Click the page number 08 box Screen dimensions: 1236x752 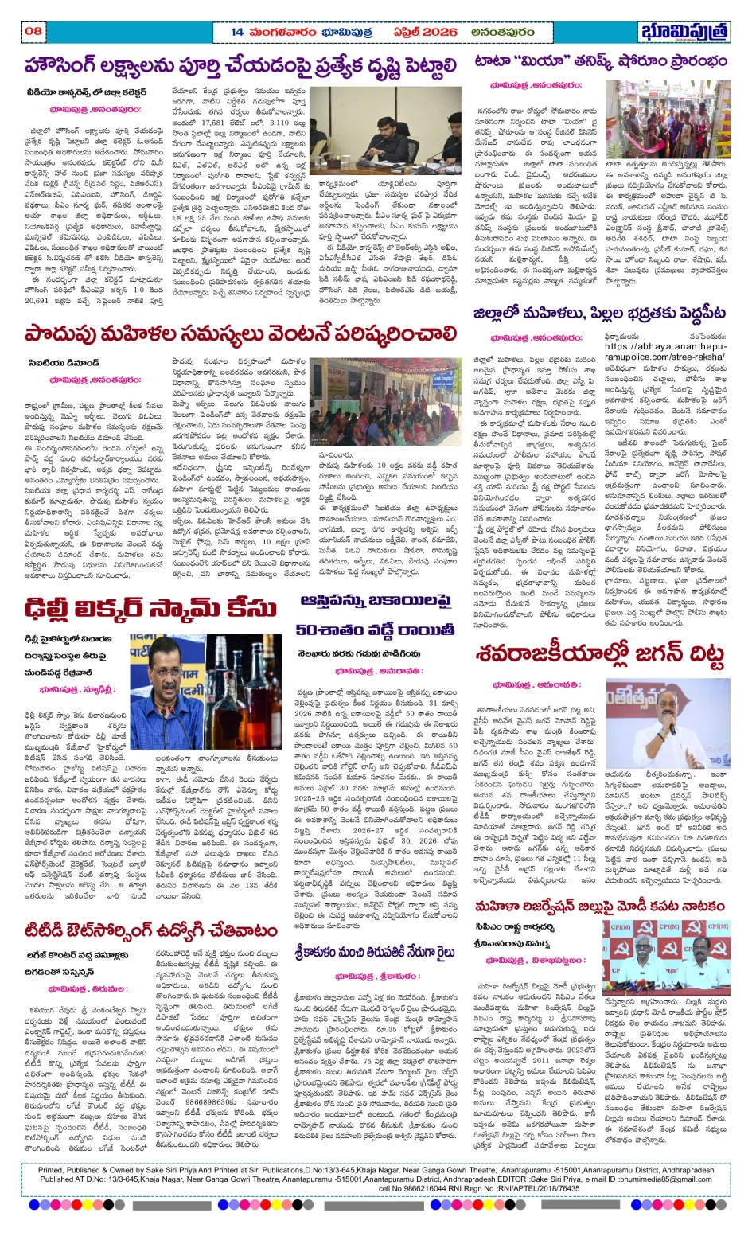click(33, 31)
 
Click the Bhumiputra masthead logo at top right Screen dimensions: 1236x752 click(684, 32)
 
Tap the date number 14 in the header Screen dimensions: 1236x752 click(237, 31)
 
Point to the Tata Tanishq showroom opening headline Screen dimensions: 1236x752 click(600, 61)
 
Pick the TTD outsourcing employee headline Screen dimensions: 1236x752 click(151, 932)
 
